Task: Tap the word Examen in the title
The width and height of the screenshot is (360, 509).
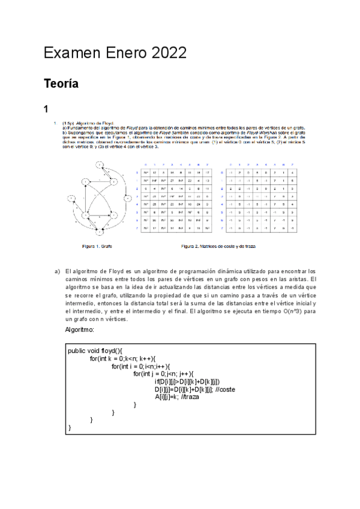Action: click(71, 54)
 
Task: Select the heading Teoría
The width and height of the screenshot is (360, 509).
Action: click(61, 85)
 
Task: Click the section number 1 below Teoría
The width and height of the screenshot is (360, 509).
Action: click(46, 110)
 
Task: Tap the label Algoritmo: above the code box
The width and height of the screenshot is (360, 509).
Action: click(80, 330)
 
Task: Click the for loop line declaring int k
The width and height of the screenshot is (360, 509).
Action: click(122, 359)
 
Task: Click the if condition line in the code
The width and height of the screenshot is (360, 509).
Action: click(187, 382)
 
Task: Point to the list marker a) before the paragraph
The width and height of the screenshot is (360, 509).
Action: click(58, 271)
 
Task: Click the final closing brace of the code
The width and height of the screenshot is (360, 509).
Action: click(70, 427)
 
